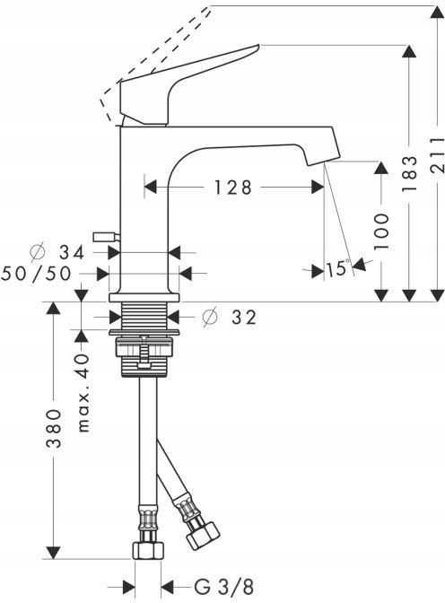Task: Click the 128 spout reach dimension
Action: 233,188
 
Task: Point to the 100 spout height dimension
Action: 381,232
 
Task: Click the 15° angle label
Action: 339,268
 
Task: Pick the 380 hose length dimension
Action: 55,428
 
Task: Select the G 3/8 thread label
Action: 222,588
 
